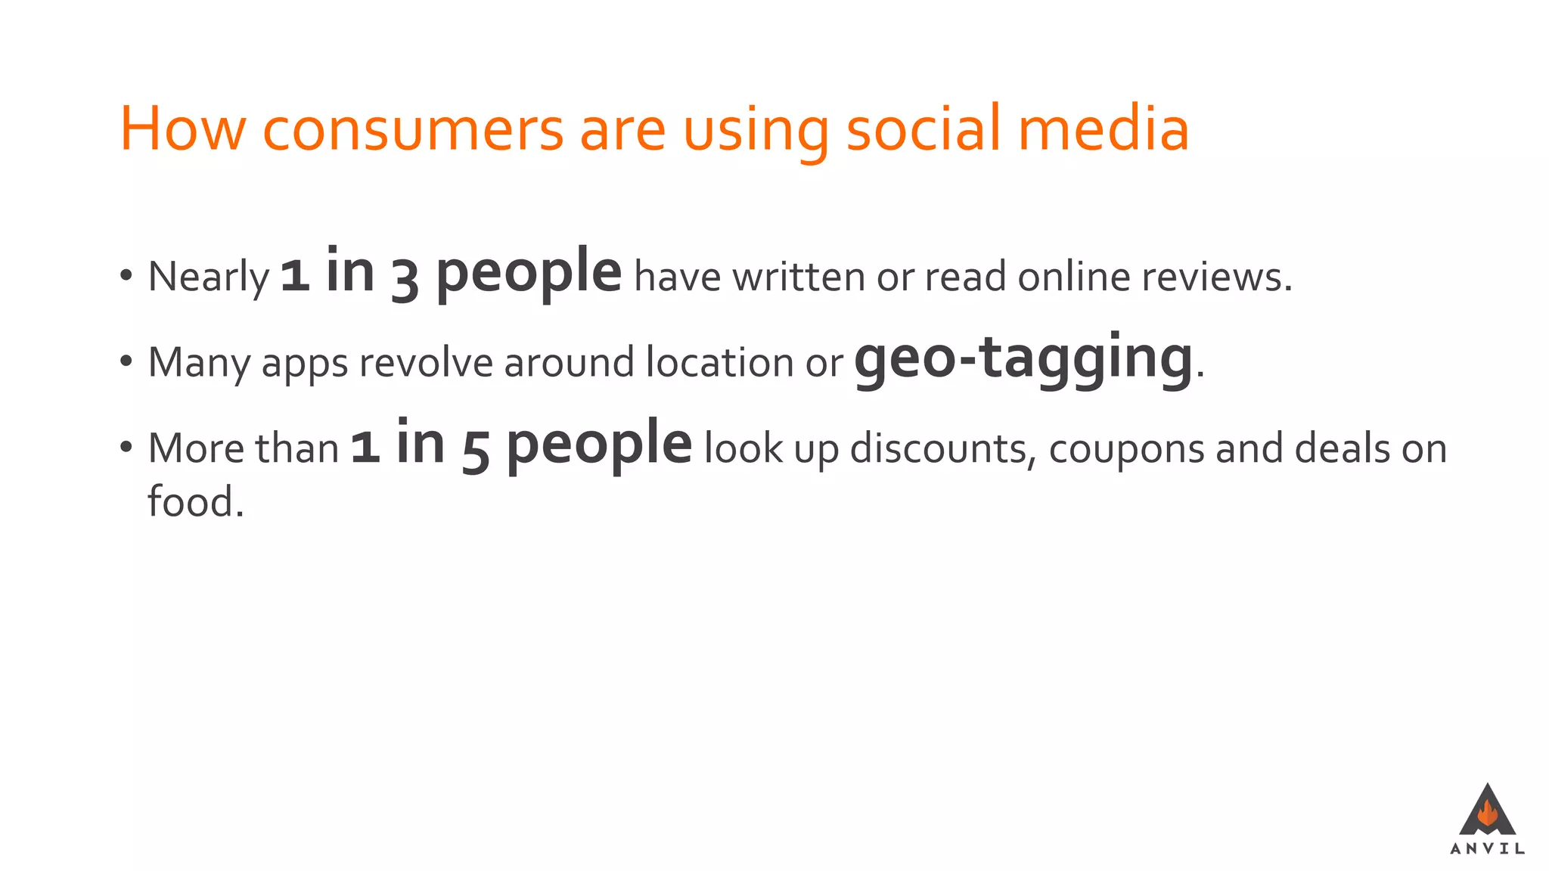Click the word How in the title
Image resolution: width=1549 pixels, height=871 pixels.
183,129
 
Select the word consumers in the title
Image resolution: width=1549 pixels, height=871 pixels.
413,129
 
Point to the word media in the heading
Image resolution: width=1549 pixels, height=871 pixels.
1104,129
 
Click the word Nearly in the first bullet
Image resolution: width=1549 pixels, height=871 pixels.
209,277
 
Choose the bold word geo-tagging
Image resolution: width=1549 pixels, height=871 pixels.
1023,358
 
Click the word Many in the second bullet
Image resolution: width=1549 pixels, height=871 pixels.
199,363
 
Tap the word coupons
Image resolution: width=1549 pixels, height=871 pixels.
1126,449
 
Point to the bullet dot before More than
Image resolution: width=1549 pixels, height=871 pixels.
126,447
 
